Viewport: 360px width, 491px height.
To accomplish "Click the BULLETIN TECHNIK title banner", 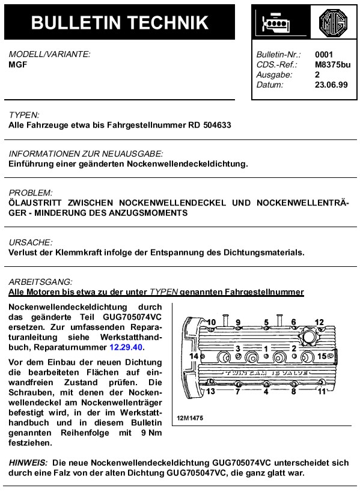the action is click(120, 22).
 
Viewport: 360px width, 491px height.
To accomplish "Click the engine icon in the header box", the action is click(277, 24).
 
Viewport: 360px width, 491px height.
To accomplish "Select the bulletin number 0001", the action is click(323, 55).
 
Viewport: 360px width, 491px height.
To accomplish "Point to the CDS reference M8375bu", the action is click(332, 65).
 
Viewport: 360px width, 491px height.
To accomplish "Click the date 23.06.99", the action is click(331, 85).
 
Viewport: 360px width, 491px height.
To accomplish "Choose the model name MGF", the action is click(17, 64).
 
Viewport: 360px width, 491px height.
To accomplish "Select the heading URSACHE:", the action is click(31, 242).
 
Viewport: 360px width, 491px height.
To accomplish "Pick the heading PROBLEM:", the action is click(31, 193).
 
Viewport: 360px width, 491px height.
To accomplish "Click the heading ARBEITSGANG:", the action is click(40, 281).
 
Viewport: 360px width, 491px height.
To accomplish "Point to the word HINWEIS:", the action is click(28, 463).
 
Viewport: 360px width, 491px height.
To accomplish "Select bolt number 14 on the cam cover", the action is click(194, 356).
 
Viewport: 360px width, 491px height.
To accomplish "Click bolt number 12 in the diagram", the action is click(319, 323).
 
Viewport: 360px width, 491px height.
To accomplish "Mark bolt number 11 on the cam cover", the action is click(322, 391).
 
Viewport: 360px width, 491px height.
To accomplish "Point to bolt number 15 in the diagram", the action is click(322, 356).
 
